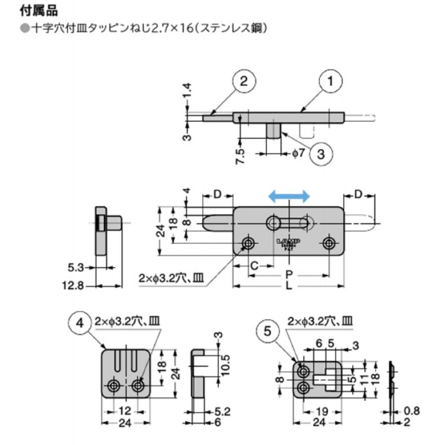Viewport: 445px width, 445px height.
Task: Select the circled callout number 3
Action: click(x=321, y=153)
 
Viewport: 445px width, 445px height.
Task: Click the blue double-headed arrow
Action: click(x=289, y=196)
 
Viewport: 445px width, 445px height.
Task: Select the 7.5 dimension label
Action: click(x=241, y=157)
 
